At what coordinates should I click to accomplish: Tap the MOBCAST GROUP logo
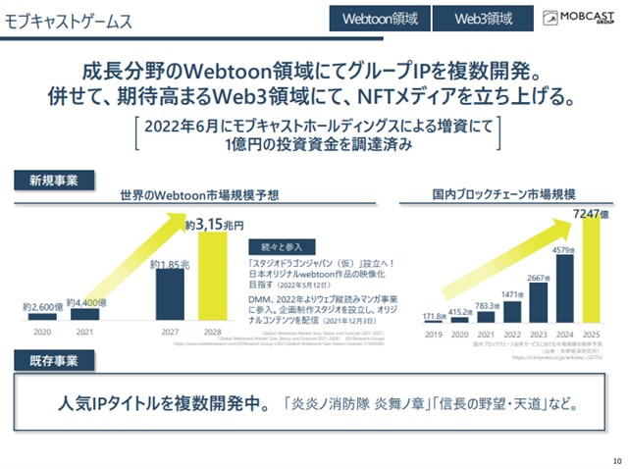[x=577, y=18]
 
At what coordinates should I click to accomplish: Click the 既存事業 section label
[x=47, y=360]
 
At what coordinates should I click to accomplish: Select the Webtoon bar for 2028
[x=214, y=276]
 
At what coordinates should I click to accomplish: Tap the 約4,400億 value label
[x=84, y=302]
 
